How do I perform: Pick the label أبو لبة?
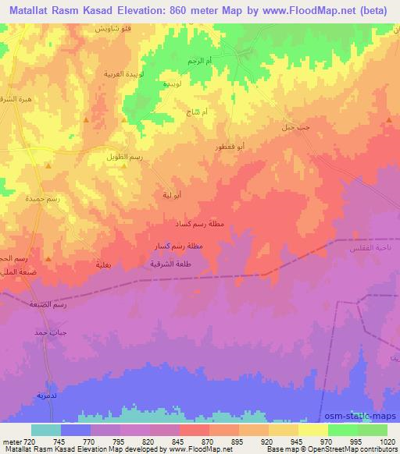[173, 194]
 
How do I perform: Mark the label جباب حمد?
[49, 332]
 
